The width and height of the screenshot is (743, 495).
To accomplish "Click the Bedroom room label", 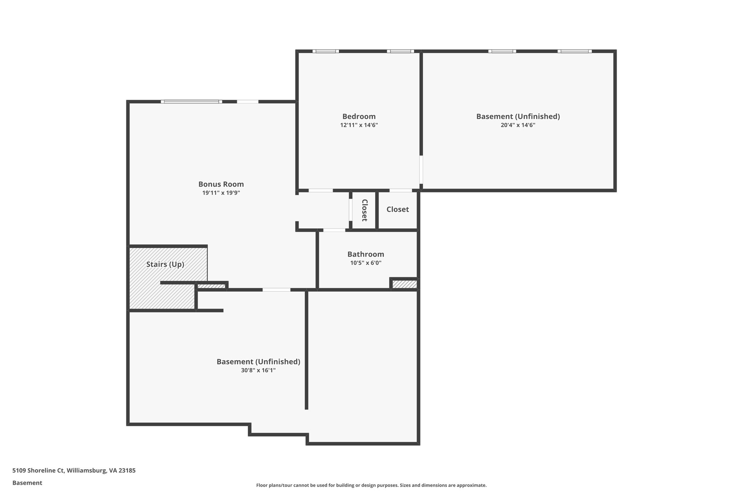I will pyautogui.click(x=359, y=116).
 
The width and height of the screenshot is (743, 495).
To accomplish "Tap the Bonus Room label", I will pyautogui.click(x=221, y=184).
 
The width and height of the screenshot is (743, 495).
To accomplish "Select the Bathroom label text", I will pyautogui.click(x=365, y=254).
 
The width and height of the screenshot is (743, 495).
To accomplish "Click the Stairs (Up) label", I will pyautogui.click(x=165, y=264).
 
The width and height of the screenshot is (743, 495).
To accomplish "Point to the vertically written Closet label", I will pyautogui.click(x=365, y=210).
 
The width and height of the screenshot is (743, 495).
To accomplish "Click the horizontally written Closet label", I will pyautogui.click(x=397, y=209).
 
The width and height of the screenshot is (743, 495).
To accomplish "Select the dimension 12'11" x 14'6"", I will pyautogui.click(x=359, y=125).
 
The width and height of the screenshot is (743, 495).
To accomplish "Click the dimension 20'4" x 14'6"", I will pyautogui.click(x=518, y=125).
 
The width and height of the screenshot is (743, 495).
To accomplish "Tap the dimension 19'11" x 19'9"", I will pyautogui.click(x=221, y=193).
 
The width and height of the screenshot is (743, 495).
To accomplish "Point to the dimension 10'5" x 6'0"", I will pyautogui.click(x=365, y=263).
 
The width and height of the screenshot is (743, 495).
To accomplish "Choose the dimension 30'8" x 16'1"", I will pyautogui.click(x=258, y=370).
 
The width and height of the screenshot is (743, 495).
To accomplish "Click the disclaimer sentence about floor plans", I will pyautogui.click(x=371, y=485).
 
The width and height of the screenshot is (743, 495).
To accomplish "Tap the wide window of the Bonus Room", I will pyautogui.click(x=191, y=102).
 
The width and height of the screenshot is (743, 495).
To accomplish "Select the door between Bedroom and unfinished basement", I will pyautogui.click(x=421, y=170).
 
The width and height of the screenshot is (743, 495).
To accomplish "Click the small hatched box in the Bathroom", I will pyautogui.click(x=405, y=284).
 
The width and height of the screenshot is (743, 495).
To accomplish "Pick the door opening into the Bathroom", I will pyautogui.click(x=334, y=230).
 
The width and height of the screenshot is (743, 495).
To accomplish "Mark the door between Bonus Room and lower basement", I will pyautogui.click(x=276, y=290).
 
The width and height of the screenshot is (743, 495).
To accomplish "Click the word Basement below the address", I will pyautogui.click(x=27, y=483).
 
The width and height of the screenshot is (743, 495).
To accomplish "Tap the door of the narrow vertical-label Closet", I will pyautogui.click(x=350, y=210).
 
